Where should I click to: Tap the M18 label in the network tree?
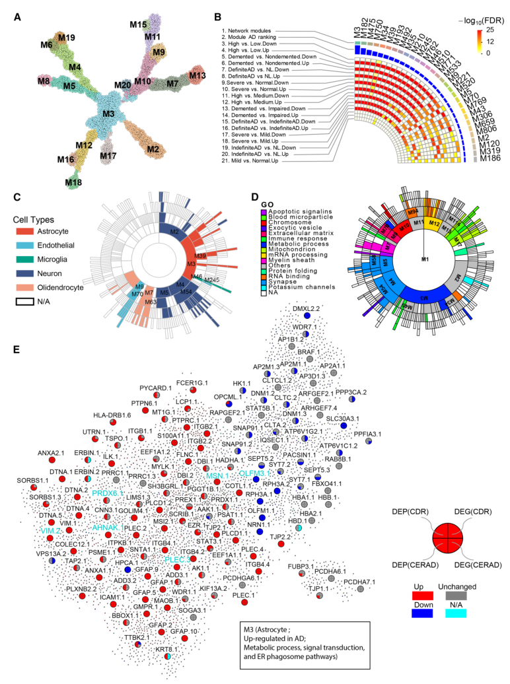(x=74, y=182)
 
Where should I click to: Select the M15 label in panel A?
(x=138, y=24)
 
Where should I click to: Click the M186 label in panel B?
(x=490, y=158)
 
